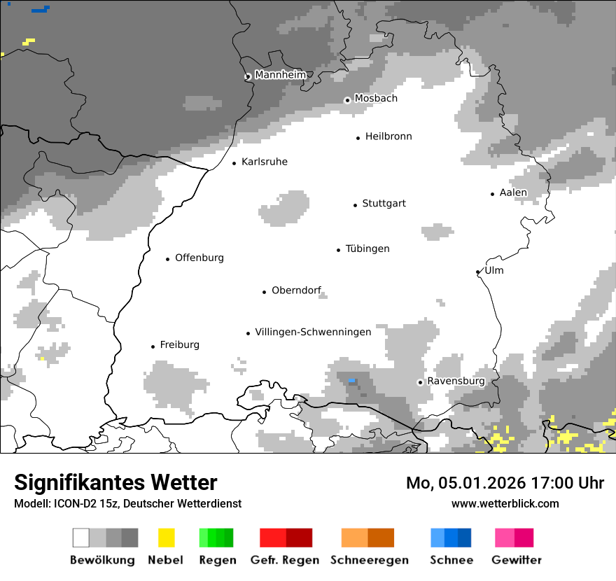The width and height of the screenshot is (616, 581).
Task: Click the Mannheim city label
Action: [280, 75]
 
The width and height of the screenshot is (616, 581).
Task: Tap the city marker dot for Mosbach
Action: [347, 100]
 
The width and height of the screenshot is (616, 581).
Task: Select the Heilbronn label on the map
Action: [388, 136]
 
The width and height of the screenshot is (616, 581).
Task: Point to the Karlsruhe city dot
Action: [234, 163]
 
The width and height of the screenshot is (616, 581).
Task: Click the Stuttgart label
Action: [384, 204]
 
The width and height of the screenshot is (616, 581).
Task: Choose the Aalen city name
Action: [513, 192]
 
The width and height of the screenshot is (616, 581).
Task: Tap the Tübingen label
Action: [367, 249]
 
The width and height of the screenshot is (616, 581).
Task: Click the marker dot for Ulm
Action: [478, 272]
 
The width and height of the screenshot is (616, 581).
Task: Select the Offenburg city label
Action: [199, 258]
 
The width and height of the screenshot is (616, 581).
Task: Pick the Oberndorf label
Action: [296, 290]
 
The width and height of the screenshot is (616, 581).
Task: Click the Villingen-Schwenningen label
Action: [313, 332]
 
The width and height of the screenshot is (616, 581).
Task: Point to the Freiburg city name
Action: [179, 344]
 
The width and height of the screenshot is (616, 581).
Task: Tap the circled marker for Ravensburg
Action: [420, 382]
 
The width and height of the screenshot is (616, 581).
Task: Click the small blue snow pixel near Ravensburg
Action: [352, 380]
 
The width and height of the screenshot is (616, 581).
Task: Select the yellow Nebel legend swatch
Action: [166, 538]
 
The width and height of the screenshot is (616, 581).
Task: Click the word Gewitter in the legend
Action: [516, 560]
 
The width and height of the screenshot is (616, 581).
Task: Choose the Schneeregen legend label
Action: [369, 560]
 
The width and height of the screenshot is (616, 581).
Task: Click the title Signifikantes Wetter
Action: [115, 482]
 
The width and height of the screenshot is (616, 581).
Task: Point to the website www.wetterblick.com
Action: [505, 503]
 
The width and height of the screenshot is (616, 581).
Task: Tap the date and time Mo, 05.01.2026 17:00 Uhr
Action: [505, 483]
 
